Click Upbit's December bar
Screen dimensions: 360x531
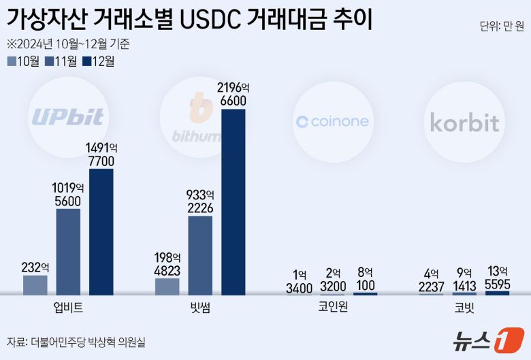(x=101, y=231)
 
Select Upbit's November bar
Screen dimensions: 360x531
(x=68, y=252)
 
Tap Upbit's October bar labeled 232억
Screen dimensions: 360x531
(x=35, y=284)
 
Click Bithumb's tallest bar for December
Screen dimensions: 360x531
(x=234, y=201)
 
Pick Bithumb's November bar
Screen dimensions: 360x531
(x=200, y=255)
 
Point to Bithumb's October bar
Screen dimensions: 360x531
(x=167, y=287)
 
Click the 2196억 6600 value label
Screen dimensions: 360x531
(x=234, y=94)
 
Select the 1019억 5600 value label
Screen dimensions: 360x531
(x=68, y=194)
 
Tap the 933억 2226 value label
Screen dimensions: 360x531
(x=200, y=201)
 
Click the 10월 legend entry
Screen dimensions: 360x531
(x=24, y=61)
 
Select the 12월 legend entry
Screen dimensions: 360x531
(x=99, y=61)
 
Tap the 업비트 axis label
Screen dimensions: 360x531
(x=68, y=308)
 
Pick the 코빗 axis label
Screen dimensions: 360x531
(x=464, y=308)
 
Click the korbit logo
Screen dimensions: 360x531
(x=464, y=122)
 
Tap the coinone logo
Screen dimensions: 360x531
(x=332, y=122)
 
